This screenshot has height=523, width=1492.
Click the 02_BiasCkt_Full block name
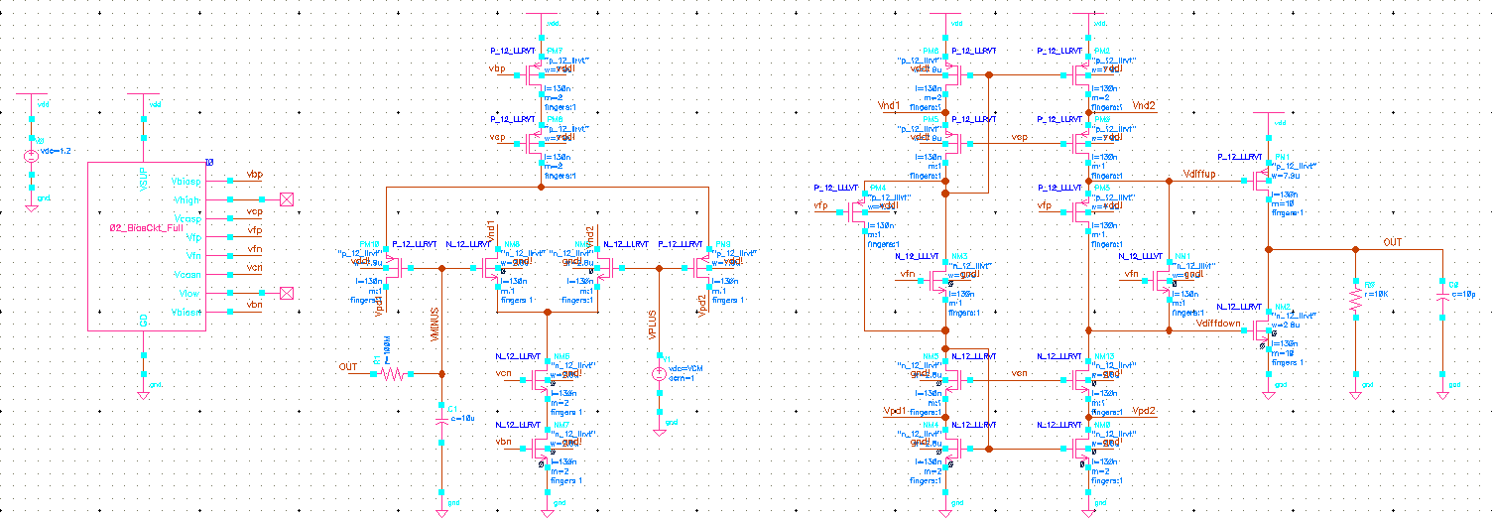[x=146, y=227]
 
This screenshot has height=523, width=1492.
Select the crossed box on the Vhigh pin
[x=288, y=199]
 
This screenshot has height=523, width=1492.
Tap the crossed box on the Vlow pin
[x=288, y=293]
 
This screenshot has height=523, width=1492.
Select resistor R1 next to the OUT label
[x=392, y=374]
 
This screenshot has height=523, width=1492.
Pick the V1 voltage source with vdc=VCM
[x=657, y=374]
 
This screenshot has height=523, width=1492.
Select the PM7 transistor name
[x=554, y=51]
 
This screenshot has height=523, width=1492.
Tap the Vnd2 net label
[x=1144, y=105]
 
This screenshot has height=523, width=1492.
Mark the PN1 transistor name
[x=1282, y=156]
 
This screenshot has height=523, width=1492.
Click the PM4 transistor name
[x=877, y=188]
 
